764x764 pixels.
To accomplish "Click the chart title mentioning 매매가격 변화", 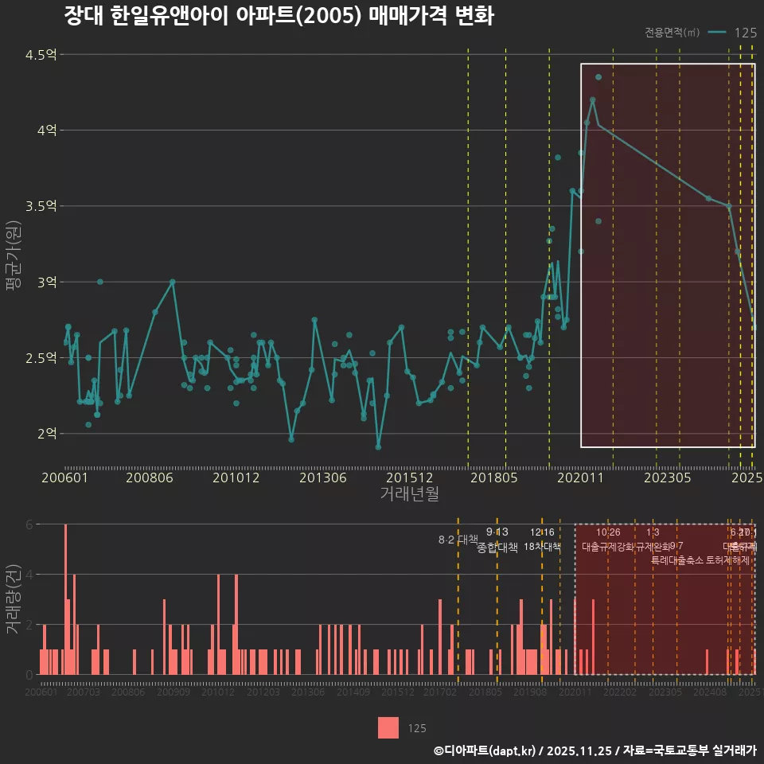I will click(x=279, y=17).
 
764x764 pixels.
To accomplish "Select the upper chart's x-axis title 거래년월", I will click(x=408, y=494).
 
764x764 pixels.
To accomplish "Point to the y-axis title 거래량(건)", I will click(x=14, y=599).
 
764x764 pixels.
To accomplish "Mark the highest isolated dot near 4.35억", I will click(x=598, y=77).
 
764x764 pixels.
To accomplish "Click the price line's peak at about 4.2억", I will click(x=592, y=99).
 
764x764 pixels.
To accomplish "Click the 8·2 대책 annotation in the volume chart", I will click(x=453, y=540).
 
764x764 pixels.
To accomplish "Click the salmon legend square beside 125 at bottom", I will click(x=388, y=727).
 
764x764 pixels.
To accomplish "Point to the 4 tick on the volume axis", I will click(x=29, y=574).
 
